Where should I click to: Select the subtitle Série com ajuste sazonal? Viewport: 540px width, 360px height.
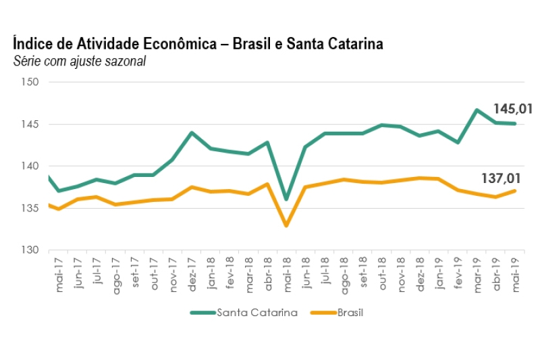pyautogui.click(x=80, y=61)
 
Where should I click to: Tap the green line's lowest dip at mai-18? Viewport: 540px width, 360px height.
pyautogui.click(x=286, y=199)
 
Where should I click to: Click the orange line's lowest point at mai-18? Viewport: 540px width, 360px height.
pyautogui.click(x=286, y=225)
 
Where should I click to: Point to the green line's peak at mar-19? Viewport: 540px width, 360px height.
pyautogui.click(x=477, y=109)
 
